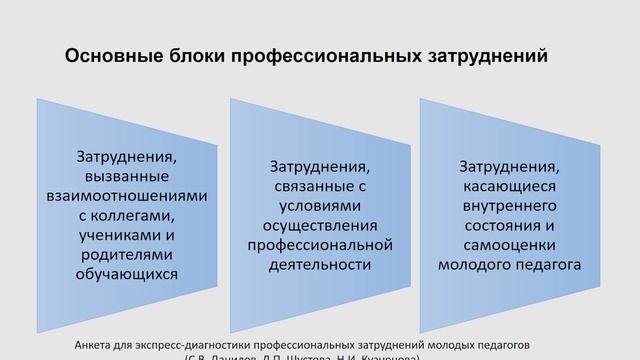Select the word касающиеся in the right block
[x=509, y=185]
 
